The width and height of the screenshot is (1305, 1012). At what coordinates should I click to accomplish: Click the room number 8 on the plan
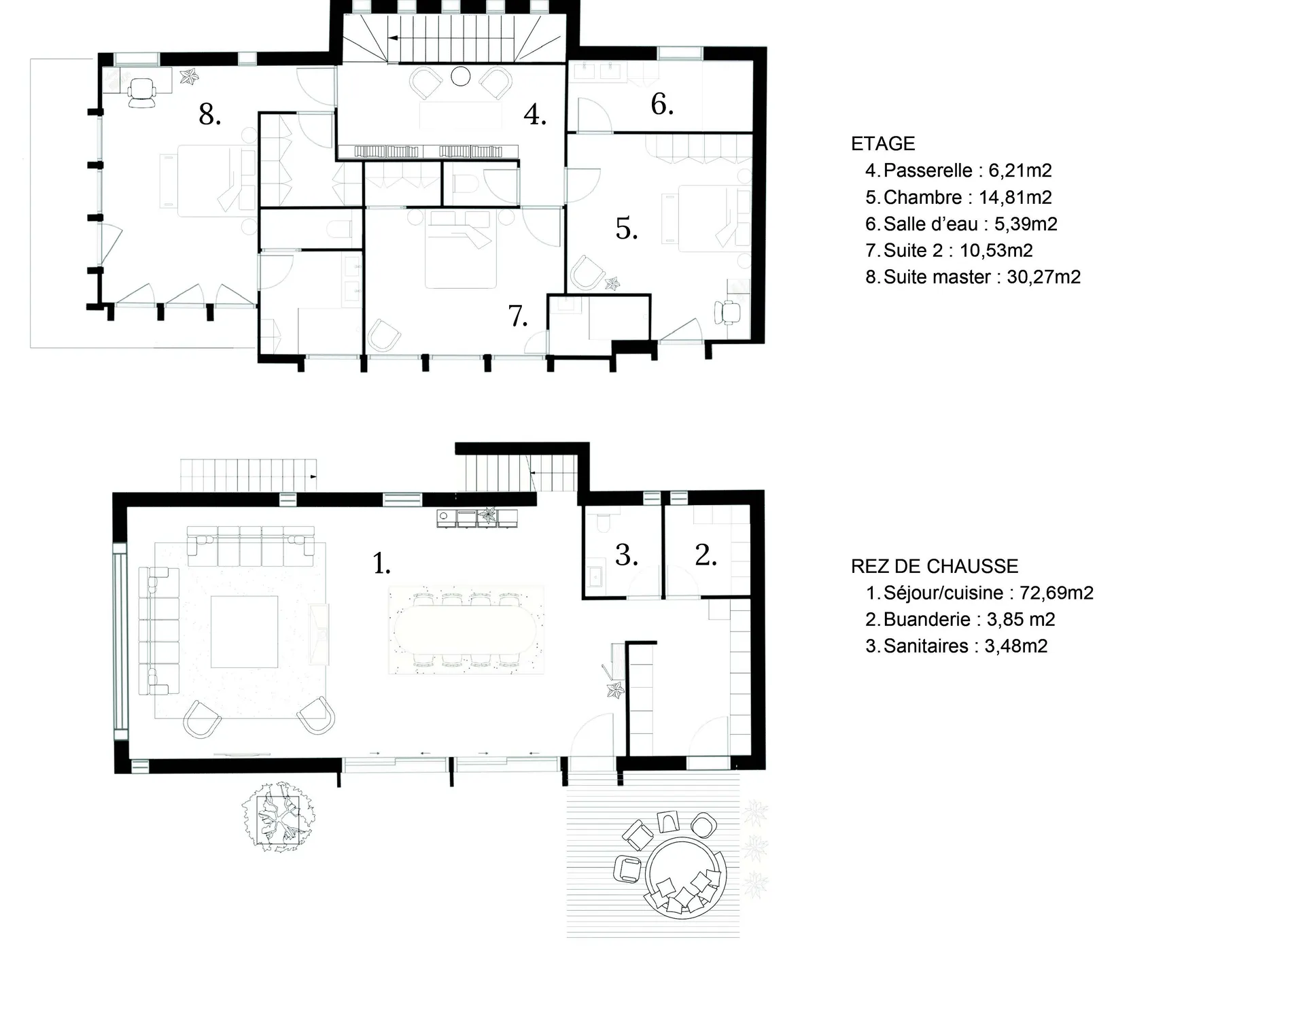click(209, 114)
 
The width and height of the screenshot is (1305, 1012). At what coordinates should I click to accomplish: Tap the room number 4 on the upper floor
click(535, 114)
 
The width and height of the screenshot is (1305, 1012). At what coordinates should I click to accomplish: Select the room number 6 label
click(662, 104)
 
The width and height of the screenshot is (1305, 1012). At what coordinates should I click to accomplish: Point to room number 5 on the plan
click(627, 228)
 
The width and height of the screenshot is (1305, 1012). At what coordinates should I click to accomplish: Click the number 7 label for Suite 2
click(518, 316)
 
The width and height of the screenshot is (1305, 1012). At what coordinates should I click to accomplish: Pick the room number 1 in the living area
click(382, 563)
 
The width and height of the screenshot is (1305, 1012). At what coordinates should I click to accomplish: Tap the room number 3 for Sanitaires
click(627, 555)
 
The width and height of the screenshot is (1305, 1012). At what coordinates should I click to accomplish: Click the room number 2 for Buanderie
click(706, 555)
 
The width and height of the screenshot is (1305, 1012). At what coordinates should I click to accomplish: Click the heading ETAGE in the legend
click(883, 144)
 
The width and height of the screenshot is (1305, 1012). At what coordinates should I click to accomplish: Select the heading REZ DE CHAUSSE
click(935, 566)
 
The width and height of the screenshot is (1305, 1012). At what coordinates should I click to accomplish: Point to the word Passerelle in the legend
click(928, 171)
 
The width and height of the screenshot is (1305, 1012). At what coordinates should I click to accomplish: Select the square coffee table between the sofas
click(244, 632)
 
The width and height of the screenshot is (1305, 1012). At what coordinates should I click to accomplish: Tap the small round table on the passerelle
click(461, 76)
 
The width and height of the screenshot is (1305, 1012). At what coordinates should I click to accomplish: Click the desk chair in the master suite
click(142, 92)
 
